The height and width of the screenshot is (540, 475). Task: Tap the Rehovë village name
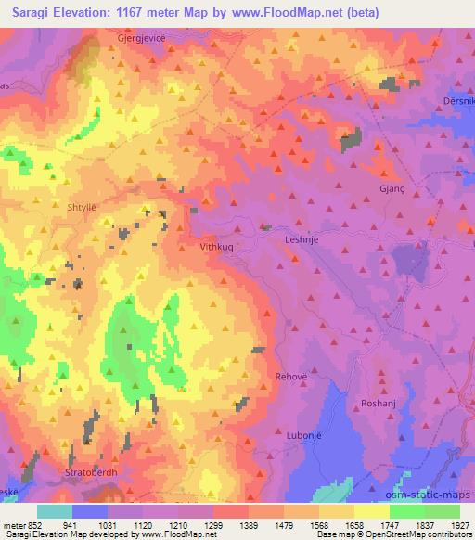click(291, 377)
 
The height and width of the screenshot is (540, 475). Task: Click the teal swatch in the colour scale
click(55, 511)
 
